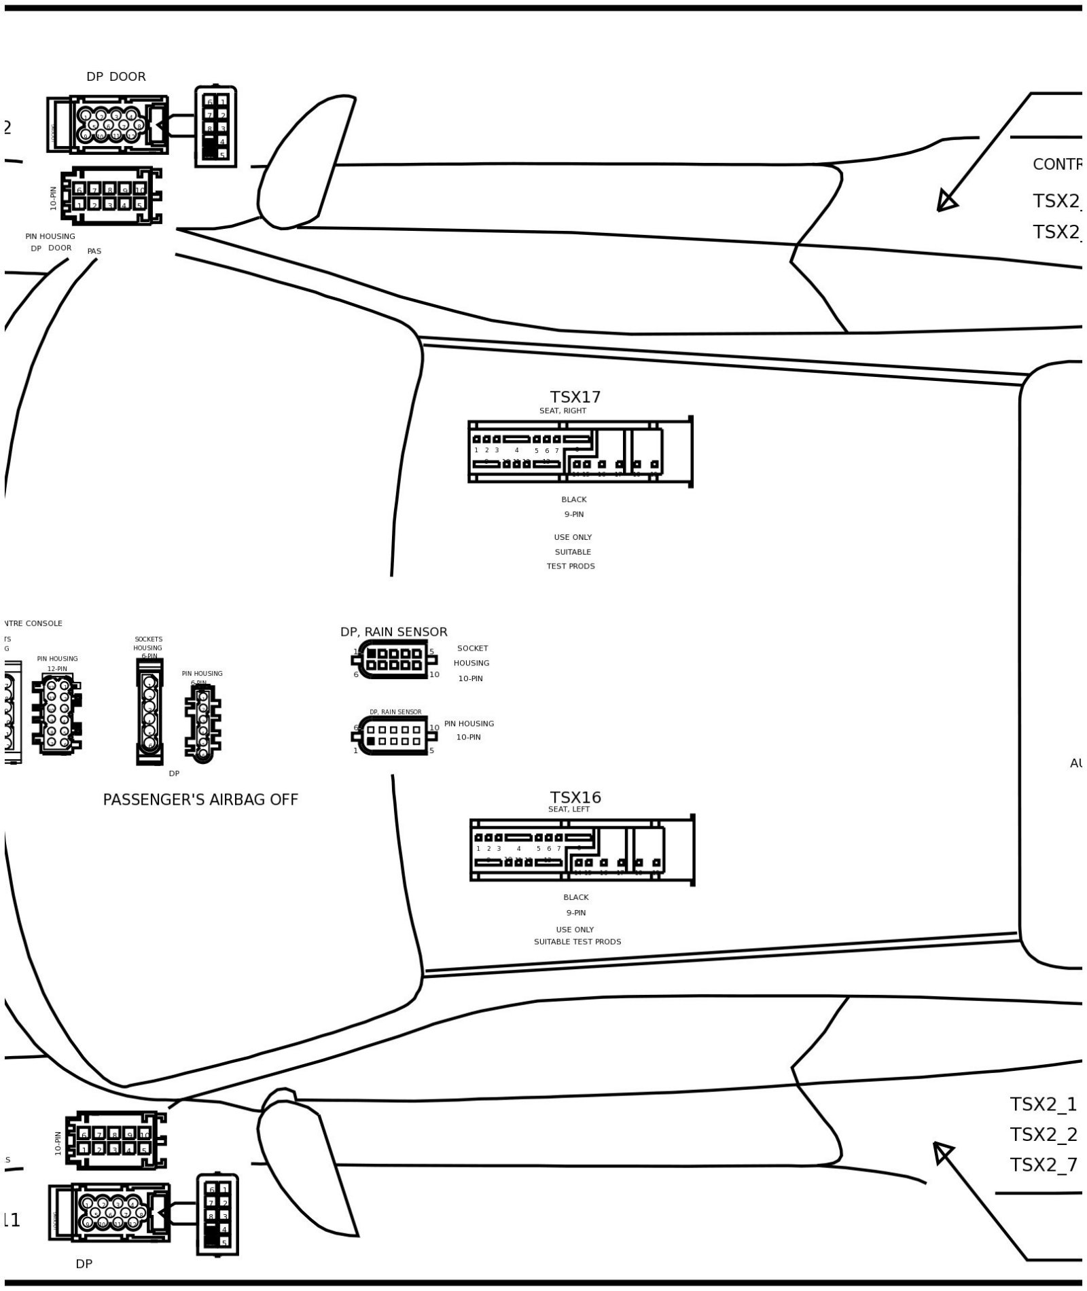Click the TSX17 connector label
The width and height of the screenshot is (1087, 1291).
[x=575, y=397]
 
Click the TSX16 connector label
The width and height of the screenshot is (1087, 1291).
[x=575, y=797]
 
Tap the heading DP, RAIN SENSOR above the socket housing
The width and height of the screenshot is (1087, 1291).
[x=393, y=632]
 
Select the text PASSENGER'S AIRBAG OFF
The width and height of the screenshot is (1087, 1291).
[x=200, y=799]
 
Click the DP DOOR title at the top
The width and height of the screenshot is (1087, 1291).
[x=115, y=77]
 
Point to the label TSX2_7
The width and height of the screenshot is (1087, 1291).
[x=1043, y=1164]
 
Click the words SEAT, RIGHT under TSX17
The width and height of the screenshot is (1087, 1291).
[x=563, y=411]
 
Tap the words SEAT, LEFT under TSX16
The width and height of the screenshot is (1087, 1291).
[x=569, y=809]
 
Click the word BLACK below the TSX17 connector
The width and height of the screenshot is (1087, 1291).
[x=573, y=499]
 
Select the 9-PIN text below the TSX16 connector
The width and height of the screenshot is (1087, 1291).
[x=575, y=913]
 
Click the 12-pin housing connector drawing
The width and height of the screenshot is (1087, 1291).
[x=57, y=713]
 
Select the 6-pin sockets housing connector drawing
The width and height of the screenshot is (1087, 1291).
[x=149, y=712]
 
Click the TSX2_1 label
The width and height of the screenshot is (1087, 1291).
[x=1043, y=1104]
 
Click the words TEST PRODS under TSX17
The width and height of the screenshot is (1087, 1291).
[x=570, y=566]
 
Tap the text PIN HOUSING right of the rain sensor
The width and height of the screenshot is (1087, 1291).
[x=469, y=723]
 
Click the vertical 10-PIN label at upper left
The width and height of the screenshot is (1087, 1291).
[x=54, y=198]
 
